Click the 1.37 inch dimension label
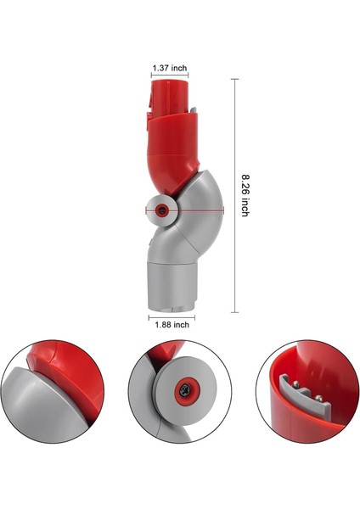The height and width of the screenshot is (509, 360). [170, 67]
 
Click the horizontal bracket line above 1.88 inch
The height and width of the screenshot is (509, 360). [172, 314]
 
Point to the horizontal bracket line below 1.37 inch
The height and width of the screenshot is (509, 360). [170, 76]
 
